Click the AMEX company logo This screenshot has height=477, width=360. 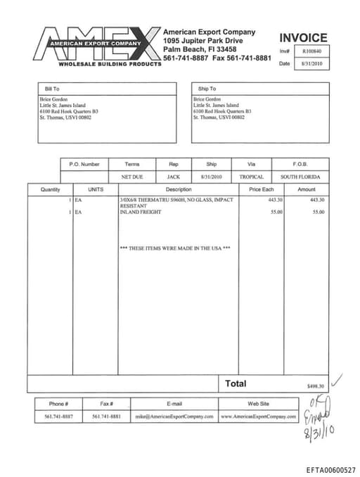[x=98, y=46]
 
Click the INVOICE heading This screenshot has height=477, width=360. [x=303, y=38]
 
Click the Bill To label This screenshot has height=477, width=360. [x=52, y=89]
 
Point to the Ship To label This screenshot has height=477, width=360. [x=207, y=89]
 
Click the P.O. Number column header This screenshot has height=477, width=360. [x=84, y=164]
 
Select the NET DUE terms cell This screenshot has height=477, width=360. [x=132, y=177]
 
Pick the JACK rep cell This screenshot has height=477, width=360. [x=173, y=177]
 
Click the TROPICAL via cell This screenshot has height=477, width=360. [x=251, y=177]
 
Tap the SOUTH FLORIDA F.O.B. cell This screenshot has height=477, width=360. [x=300, y=177]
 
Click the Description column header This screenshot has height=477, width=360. [x=178, y=189]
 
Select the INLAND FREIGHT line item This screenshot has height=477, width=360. [x=140, y=212]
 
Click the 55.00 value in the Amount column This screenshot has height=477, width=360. [x=318, y=212]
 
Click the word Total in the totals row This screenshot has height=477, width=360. [x=236, y=383]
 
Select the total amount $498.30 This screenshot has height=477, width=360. [x=316, y=386]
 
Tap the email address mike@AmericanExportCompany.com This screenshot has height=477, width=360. [x=174, y=416]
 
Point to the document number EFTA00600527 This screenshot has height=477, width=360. [x=330, y=469]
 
